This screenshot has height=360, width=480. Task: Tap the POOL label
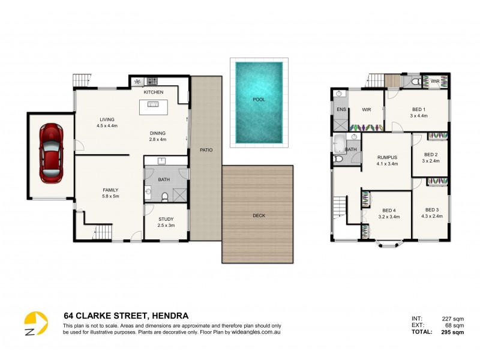tap(259, 100)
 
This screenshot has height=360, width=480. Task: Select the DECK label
tap(259, 215)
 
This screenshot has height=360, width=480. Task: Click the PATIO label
tap(206, 149)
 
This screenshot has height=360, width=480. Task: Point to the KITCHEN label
tap(154, 92)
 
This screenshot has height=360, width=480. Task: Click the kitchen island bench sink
tap(154, 105)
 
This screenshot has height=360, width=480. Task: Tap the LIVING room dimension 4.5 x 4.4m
tap(107, 126)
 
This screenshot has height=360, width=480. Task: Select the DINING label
tap(157, 133)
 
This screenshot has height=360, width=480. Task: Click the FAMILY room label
tap(110, 190)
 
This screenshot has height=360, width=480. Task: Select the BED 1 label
tap(419, 109)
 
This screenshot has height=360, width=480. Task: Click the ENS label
tap(341, 110)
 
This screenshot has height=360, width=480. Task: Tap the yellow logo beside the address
tap(35, 325)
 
